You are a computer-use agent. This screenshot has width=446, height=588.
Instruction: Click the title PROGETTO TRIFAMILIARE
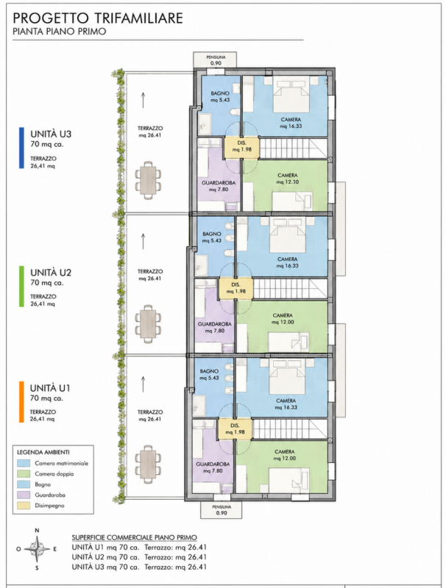pyautogui.click(x=98, y=18)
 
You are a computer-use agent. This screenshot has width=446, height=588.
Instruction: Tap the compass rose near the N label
pyautogui.click(x=37, y=548)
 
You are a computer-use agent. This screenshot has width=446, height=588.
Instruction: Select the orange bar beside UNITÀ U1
pyautogui.click(x=21, y=402)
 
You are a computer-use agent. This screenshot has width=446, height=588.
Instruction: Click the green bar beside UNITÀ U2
pyautogui.click(x=21, y=287)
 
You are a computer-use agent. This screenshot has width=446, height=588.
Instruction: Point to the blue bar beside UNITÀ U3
pyautogui.click(x=21, y=148)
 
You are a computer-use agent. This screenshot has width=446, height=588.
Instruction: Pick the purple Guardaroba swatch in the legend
pyautogui.click(x=24, y=495)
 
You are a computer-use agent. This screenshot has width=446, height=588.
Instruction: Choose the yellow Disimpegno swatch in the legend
pyautogui.click(x=24, y=506)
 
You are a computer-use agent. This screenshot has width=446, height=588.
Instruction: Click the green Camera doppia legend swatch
pyautogui.click(x=24, y=474)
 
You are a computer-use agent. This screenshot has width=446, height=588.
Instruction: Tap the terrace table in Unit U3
pyautogui.click(x=149, y=178)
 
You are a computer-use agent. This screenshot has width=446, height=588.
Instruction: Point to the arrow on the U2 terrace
pyautogui.click(x=143, y=241)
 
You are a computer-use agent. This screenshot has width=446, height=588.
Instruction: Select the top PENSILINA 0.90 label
pyautogui.click(x=216, y=60)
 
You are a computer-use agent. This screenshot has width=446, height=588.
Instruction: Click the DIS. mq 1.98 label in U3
pyautogui.click(x=242, y=146)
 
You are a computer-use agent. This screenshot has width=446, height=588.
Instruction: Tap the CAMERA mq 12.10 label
pyautogui.click(x=288, y=179)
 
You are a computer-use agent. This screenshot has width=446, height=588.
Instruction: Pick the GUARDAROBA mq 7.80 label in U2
pyautogui.click(x=215, y=327)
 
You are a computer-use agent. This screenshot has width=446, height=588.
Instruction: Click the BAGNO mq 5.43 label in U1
pyautogui.click(x=209, y=374)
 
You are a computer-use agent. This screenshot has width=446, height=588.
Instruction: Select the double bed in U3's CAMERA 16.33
pyautogui.click(x=291, y=94)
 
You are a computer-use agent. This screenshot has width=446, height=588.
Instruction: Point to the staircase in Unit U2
pyautogui.click(x=290, y=288)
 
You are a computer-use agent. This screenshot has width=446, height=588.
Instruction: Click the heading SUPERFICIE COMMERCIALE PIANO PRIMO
pyautogui.click(x=135, y=538)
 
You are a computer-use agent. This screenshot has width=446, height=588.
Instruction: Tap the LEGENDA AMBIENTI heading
pyautogui.click(x=43, y=453)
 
